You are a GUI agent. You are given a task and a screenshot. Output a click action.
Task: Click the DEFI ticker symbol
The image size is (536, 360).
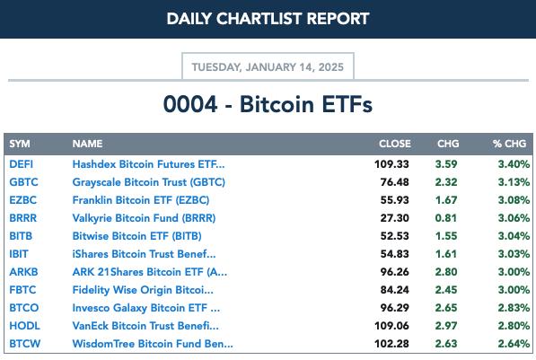[22, 164]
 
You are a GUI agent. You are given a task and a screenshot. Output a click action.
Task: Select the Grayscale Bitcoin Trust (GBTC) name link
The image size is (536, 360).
[149, 182]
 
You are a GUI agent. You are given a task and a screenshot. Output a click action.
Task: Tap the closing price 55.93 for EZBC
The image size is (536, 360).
[394, 200]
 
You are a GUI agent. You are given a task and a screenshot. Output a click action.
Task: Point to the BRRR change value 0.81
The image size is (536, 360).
[445, 218]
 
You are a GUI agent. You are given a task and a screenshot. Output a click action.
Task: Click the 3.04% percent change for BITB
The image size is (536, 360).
[514, 236]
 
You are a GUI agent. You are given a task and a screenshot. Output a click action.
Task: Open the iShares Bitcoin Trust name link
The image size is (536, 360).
[144, 254]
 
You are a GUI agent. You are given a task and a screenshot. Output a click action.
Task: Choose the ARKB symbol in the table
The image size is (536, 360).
[23, 272]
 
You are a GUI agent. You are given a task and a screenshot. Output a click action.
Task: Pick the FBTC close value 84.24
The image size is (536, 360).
[394, 290]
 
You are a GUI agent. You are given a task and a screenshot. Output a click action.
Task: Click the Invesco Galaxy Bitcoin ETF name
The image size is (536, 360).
[146, 308]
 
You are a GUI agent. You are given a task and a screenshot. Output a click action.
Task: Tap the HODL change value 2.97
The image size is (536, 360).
[445, 326]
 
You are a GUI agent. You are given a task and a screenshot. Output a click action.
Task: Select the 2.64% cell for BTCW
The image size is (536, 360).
[514, 344]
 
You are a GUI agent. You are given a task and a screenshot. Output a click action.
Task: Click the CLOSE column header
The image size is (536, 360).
[395, 144]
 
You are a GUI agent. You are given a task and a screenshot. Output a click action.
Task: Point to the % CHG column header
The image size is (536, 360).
[509, 144]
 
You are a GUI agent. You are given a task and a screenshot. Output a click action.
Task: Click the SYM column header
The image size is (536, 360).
[20, 144]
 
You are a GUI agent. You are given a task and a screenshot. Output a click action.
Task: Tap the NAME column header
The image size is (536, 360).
[87, 144]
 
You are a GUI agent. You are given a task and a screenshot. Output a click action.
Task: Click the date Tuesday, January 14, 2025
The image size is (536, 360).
[268, 67]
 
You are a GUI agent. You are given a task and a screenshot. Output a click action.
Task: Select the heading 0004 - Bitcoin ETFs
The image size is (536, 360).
[268, 104]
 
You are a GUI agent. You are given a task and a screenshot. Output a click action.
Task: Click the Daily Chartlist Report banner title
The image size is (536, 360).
[268, 19]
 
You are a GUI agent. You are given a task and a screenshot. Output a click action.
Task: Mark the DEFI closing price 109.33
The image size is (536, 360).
[391, 164]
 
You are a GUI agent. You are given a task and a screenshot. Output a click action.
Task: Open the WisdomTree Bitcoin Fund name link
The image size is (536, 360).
[153, 344]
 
